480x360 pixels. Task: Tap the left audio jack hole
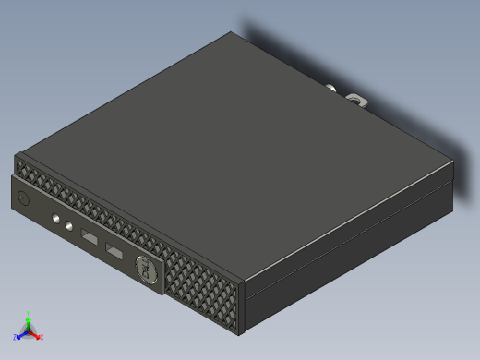(57, 220)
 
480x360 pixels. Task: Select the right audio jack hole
(69, 226)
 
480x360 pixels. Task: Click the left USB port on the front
(90, 239)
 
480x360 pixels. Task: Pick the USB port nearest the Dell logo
(114, 253)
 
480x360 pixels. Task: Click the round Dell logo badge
(145, 269)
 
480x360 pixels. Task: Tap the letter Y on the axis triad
(29, 313)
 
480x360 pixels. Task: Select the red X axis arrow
(36, 335)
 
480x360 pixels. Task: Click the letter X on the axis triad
(42, 337)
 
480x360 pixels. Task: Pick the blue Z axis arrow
(21, 335)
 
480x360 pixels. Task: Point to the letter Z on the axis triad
(16, 338)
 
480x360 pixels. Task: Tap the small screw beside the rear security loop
(330, 89)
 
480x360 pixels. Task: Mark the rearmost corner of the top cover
(231, 33)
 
